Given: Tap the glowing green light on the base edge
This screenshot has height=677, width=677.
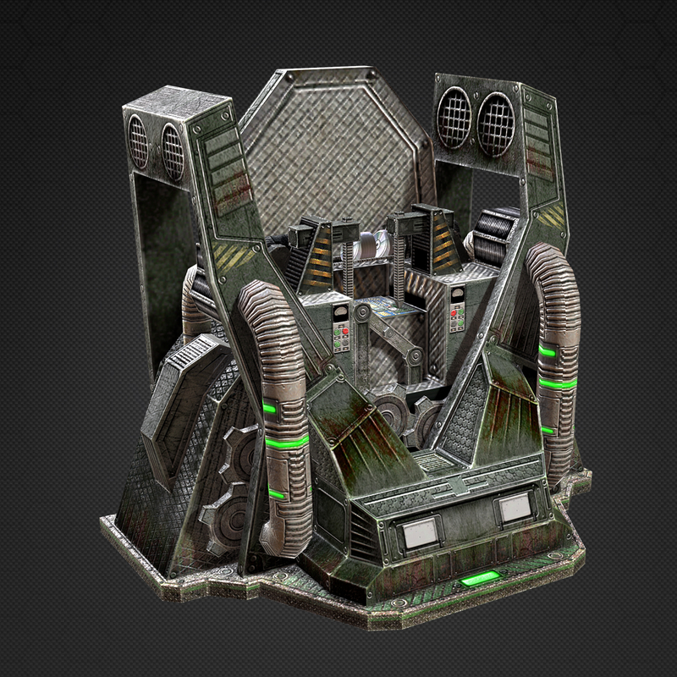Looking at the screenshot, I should point(479,581).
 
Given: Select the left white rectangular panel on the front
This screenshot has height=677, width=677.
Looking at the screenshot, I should point(418,531).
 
